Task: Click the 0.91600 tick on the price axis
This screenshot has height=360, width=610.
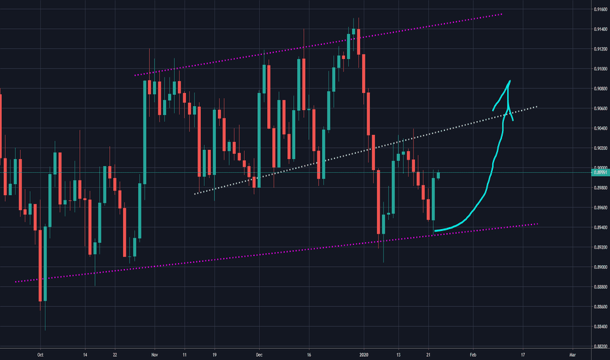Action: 596,9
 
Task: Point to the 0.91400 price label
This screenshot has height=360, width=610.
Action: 596,29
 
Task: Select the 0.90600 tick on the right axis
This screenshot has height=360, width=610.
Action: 596,109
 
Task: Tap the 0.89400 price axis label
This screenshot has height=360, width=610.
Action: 596,227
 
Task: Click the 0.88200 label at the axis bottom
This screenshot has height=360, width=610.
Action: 596,346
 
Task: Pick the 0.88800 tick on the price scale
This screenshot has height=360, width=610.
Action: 596,287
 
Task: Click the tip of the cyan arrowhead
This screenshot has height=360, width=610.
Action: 509,81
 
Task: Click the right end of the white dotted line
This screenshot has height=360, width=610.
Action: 537,106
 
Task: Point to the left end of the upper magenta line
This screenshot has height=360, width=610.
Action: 135,75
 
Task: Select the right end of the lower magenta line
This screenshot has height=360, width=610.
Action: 537,224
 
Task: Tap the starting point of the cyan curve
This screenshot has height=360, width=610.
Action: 435,230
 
